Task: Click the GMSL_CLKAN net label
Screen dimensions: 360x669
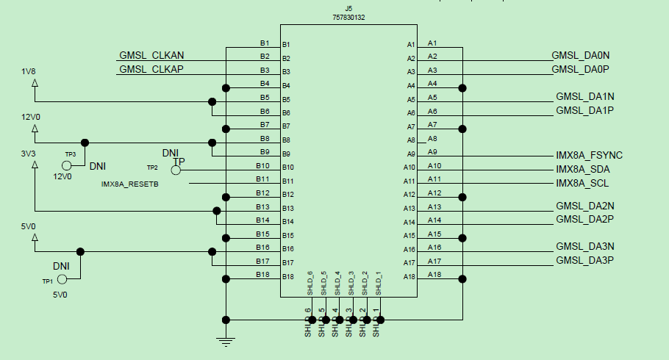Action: [x=151, y=56]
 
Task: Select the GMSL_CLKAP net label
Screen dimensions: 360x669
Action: [x=151, y=69]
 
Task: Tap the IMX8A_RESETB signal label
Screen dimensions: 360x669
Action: [x=129, y=184]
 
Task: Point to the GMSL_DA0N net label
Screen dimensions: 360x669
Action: [x=581, y=55]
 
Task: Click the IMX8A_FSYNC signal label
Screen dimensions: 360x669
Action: [x=589, y=156]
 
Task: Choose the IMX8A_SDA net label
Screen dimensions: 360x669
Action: [x=583, y=169]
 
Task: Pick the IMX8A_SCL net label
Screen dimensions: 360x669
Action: [x=582, y=183]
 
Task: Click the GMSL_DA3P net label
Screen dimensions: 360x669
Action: [x=584, y=261]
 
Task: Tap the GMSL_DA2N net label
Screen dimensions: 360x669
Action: [x=585, y=206]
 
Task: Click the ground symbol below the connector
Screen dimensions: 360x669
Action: [x=226, y=339]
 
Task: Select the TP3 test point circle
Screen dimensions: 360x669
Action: [x=67, y=165]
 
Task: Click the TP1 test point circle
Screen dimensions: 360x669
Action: [x=62, y=279]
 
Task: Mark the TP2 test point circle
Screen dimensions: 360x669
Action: [x=176, y=170]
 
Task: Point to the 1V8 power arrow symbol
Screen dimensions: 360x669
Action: [x=34, y=83]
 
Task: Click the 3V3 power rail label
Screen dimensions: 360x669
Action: [x=29, y=155]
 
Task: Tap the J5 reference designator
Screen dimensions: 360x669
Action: [x=348, y=8]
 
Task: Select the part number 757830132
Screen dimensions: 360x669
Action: [x=348, y=16]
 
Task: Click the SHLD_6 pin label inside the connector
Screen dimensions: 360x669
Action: [x=310, y=284]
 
